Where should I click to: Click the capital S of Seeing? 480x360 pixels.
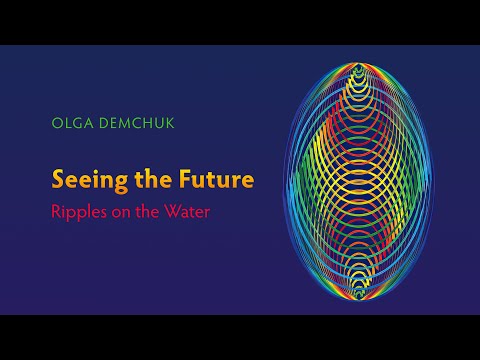[x=58, y=181]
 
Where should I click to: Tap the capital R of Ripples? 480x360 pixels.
[x=56, y=212]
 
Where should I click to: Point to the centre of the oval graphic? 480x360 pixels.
[x=366, y=180]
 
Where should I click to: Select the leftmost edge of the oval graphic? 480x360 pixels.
[x=286, y=180]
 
